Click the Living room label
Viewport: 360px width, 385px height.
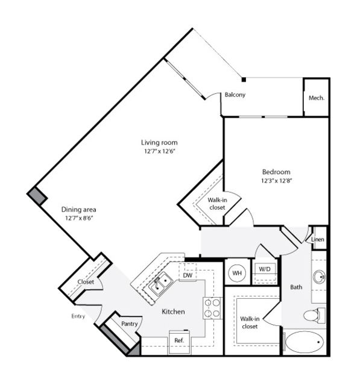tap(159, 142)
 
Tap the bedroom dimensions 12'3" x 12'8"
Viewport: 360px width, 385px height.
tap(276, 181)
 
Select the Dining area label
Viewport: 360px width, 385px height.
tap(78, 210)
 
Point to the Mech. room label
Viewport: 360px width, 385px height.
tap(317, 98)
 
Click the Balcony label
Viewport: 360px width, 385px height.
tap(235, 95)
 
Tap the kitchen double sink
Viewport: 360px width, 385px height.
tap(160, 284)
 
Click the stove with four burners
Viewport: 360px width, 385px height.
tap(212, 308)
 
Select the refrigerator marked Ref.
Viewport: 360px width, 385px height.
tap(179, 342)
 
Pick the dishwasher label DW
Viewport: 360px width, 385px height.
tap(188, 275)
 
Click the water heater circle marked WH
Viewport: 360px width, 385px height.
tap(237, 273)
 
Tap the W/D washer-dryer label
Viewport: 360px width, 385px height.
tap(265, 269)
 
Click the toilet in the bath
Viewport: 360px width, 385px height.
tap(314, 315)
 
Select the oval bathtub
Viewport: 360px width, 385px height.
tap(305, 342)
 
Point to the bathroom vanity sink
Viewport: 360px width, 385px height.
tap(320, 277)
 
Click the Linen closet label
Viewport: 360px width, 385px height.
tap(318, 239)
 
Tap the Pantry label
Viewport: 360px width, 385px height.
tap(129, 324)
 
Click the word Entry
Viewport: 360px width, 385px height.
tap(78, 316)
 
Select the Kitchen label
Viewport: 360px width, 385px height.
tap(173, 311)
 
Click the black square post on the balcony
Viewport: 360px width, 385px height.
tap(244, 80)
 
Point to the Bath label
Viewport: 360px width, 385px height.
tap(296, 287)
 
